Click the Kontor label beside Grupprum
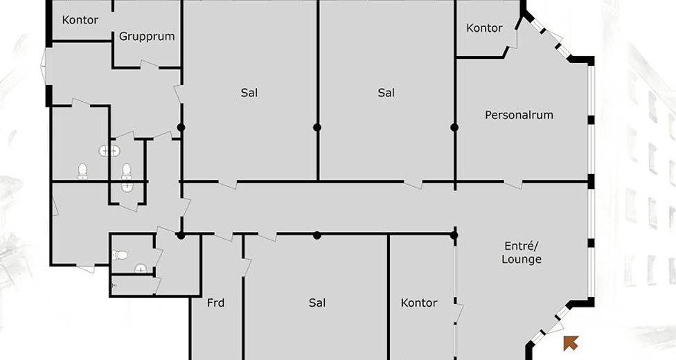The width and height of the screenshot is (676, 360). coord(80,20)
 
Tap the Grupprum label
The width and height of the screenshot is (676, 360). coord(147,36)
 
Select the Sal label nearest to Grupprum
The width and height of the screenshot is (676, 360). coord(249,93)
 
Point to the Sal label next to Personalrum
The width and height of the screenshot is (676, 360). coord(386,93)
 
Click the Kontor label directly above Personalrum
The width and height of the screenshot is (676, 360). coord(485,28)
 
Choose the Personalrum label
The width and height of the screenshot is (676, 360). coord(519,115)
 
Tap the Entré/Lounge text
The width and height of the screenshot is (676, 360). coord(522,253)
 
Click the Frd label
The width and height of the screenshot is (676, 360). coord(215,303)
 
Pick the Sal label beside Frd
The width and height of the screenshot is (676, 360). coord(317,303)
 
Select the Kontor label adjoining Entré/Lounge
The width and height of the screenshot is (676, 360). coord(419,303)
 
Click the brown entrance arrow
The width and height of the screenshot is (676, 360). coord(571,343)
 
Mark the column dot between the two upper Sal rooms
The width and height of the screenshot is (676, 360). coord(317,127)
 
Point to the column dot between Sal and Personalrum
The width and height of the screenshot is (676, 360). coord(454,127)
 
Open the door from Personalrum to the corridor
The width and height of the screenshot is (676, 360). coord(513,184)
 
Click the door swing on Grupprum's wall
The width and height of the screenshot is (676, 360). coord(150,65)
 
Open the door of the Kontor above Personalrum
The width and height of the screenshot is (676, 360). coord(512,38)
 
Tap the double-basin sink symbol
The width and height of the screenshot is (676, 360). coord(109,151)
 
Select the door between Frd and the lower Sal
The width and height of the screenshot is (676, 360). coord(246,267)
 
